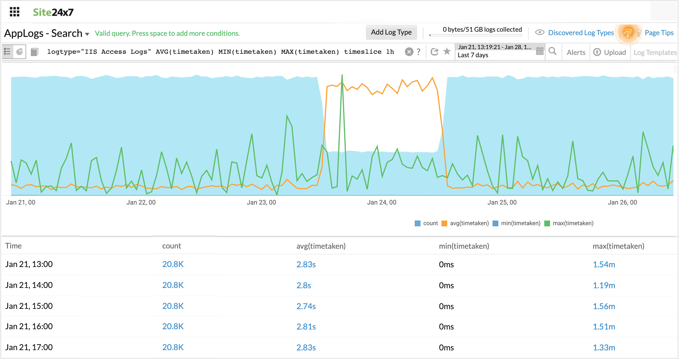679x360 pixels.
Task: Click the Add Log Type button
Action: pyautogui.click(x=391, y=32)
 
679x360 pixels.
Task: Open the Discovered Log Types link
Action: pyautogui.click(x=581, y=33)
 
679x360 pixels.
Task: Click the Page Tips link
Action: pyautogui.click(x=659, y=33)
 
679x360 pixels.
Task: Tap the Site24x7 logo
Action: pyautogui.click(x=53, y=12)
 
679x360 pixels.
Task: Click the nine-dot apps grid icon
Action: pyautogui.click(x=15, y=12)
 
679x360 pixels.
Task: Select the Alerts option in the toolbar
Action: pyautogui.click(x=576, y=52)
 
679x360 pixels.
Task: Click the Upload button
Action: pyautogui.click(x=610, y=52)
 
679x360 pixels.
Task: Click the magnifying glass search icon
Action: pyautogui.click(x=552, y=51)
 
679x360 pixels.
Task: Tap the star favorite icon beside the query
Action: pyautogui.click(x=447, y=51)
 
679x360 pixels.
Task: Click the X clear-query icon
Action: pyautogui.click(x=409, y=52)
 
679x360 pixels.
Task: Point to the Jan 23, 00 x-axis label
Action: pyautogui.click(x=261, y=202)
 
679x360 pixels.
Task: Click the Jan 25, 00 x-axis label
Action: pyautogui.click(x=502, y=202)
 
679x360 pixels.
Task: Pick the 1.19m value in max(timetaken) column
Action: pyautogui.click(x=604, y=285)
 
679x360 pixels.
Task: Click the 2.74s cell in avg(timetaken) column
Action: pyautogui.click(x=306, y=306)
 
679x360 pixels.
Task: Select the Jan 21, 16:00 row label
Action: pyautogui.click(x=29, y=326)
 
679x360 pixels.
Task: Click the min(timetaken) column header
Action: pyautogui.click(x=464, y=246)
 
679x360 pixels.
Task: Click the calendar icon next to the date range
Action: pyautogui.click(x=540, y=51)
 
